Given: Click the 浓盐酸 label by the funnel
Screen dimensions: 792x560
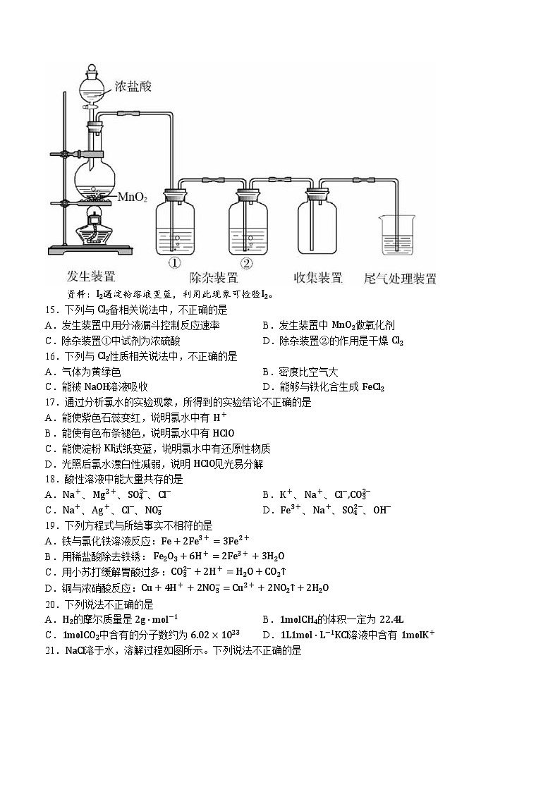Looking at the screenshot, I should point(133,86).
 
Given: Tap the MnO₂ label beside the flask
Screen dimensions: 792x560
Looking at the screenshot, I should point(132,196).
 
